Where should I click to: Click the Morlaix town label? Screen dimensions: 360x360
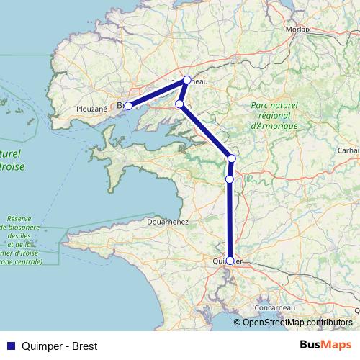(298, 30)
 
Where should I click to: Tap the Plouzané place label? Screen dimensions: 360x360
(91, 109)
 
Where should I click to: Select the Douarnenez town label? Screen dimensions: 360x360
(168, 222)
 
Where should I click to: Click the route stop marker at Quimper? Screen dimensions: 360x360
(230, 261)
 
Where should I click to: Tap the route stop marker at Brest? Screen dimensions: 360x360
(128, 106)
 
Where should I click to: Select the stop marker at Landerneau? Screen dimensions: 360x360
(186, 80)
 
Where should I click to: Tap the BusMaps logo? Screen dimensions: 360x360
(325, 345)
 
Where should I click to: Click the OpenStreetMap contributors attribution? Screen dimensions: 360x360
(297, 322)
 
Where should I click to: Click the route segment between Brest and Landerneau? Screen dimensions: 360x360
(158, 93)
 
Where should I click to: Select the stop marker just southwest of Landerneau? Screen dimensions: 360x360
(179, 104)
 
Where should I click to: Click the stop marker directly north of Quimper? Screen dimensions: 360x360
(230, 179)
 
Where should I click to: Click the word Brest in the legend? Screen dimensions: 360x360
(84, 346)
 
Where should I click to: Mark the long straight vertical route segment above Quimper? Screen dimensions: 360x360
(230, 220)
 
